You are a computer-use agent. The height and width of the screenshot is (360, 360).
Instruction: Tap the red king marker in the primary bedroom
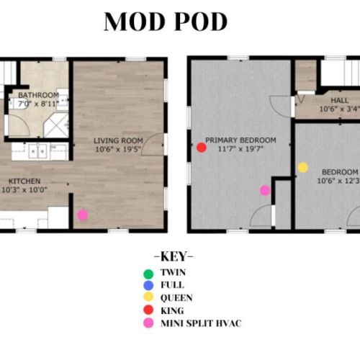pyautogui.click(x=202, y=148)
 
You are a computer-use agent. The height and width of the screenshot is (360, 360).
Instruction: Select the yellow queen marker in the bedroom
pyautogui.click(x=303, y=168)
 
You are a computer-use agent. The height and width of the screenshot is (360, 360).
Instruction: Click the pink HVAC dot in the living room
pyautogui.click(x=83, y=215)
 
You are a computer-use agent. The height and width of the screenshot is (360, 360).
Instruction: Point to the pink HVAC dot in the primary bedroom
pyautogui.click(x=265, y=190)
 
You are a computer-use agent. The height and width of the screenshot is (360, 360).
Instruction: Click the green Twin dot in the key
pyautogui.click(x=148, y=274)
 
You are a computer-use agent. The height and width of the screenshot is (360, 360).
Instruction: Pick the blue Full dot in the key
pyautogui.click(x=148, y=286)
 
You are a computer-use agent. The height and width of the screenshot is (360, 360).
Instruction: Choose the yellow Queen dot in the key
pyautogui.click(x=148, y=298)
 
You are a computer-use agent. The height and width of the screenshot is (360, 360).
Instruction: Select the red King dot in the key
pyautogui.click(x=148, y=310)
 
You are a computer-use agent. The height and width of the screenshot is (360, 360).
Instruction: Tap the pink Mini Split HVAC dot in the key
pyautogui.click(x=148, y=323)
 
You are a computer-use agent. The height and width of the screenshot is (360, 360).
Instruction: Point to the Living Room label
pyautogui.click(x=119, y=140)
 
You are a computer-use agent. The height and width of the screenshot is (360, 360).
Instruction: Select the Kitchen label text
pyautogui.click(x=24, y=181)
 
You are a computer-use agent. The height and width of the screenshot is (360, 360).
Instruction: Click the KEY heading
pyautogui.click(x=174, y=257)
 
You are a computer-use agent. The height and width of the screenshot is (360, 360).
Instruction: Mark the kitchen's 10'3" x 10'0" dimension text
pyautogui.click(x=27, y=190)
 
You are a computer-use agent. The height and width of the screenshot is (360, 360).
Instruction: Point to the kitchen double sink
pyautogui.click(x=40, y=151)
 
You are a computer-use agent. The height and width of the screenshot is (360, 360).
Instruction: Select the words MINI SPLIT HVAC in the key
pyautogui.click(x=200, y=323)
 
